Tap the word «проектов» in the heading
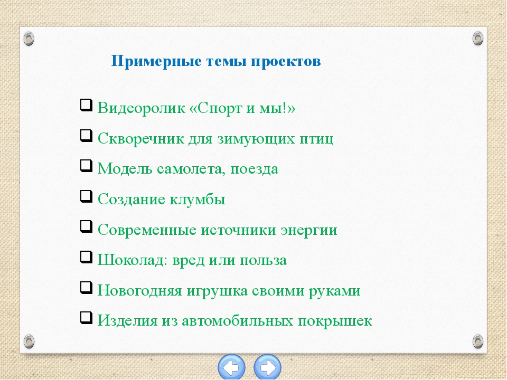click(286, 61)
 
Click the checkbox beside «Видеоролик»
click(86, 106)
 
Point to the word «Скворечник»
click(140, 139)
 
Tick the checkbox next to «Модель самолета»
click(86, 166)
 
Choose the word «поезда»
click(254, 169)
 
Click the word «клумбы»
click(197, 199)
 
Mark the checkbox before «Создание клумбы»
click(86, 196)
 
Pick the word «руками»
click(334, 291)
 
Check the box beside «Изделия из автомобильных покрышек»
click(86, 318)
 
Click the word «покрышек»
click(335, 321)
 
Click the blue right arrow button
click(267, 367)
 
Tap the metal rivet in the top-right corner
click(478, 39)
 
